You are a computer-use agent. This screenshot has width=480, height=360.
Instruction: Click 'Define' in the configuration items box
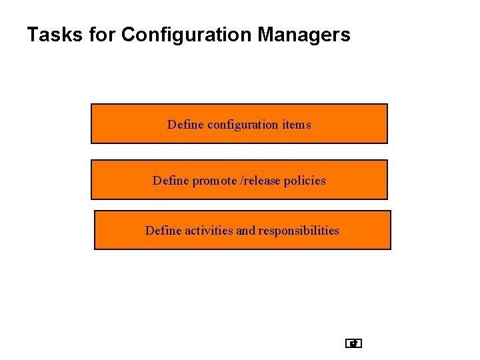point(186,125)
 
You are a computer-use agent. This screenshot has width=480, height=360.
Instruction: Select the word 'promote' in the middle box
point(214,181)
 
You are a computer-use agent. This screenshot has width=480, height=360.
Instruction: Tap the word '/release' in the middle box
point(261,181)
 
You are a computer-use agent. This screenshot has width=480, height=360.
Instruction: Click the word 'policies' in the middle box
point(305,181)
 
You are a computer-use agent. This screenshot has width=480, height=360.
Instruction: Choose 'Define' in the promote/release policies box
point(171,181)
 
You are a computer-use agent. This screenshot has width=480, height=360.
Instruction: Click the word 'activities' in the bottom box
point(209,231)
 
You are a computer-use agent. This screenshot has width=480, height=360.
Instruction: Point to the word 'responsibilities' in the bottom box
point(299,231)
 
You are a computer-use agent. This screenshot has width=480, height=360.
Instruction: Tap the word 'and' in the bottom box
point(246,231)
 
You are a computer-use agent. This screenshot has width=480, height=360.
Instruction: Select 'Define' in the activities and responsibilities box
point(163,231)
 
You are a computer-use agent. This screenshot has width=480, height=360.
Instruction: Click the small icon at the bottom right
point(354,344)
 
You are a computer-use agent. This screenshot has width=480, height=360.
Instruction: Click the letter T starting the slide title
point(31,35)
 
